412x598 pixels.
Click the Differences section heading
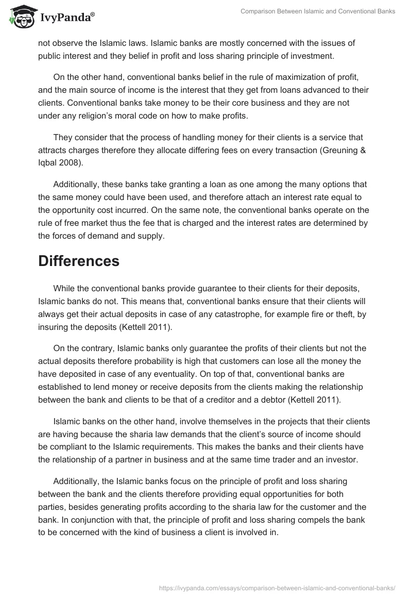79,261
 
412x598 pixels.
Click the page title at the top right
318,11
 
